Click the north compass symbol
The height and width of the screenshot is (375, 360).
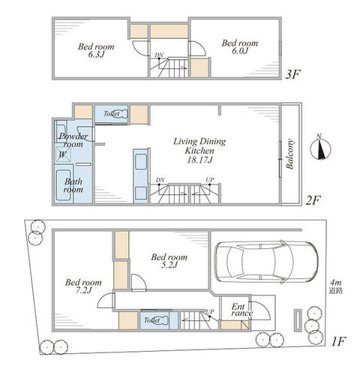(x=320, y=149)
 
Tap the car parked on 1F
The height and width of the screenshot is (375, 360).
(x=266, y=262)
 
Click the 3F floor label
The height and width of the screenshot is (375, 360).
(x=292, y=74)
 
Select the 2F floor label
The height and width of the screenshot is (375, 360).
(x=313, y=200)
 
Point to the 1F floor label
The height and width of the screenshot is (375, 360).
(x=338, y=341)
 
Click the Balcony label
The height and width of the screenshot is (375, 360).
(x=289, y=154)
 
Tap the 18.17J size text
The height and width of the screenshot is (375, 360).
(x=199, y=160)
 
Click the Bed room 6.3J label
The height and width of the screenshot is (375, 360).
(x=96, y=50)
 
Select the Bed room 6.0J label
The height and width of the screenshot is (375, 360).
(x=240, y=46)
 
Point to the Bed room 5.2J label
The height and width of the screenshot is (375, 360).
(x=169, y=261)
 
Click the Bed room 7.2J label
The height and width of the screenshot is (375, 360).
(x=83, y=286)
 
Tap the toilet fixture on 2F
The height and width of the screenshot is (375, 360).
(x=120, y=114)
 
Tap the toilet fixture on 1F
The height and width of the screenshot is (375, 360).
(x=160, y=320)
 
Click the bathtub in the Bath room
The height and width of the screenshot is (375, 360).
(x=63, y=185)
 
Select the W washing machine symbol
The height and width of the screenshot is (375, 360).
(x=63, y=154)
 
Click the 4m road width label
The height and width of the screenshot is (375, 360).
(x=335, y=286)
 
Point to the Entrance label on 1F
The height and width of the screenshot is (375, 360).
(x=241, y=310)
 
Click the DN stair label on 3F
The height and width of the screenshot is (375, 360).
(x=159, y=55)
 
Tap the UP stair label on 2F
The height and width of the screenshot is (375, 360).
(x=210, y=180)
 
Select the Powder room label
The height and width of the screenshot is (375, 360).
(x=73, y=140)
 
